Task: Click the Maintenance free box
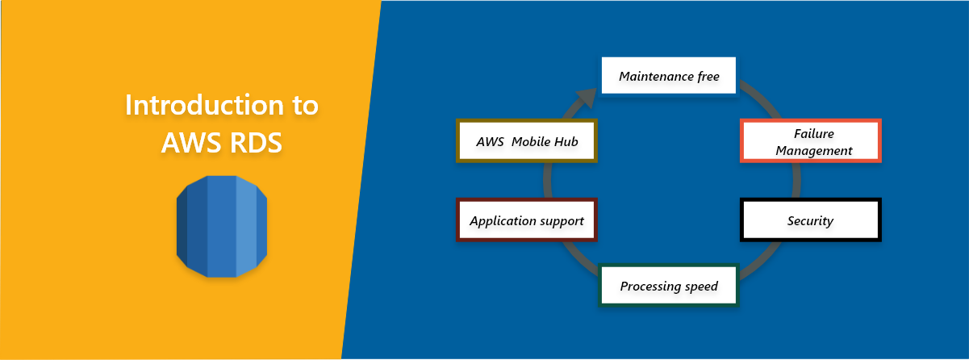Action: click(669, 76)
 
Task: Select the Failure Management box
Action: click(810, 141)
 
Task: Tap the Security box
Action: click(810, 220)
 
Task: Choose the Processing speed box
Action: click(669, 286)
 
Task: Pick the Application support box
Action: click(527, 220)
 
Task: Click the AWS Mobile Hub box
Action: click(527, 141)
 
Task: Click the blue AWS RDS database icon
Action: click(221, 226)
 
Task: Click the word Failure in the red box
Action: click(813, 133)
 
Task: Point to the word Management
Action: click(810, 150)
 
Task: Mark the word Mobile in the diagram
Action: click(531, 141)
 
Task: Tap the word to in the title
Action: click(303, 106)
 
